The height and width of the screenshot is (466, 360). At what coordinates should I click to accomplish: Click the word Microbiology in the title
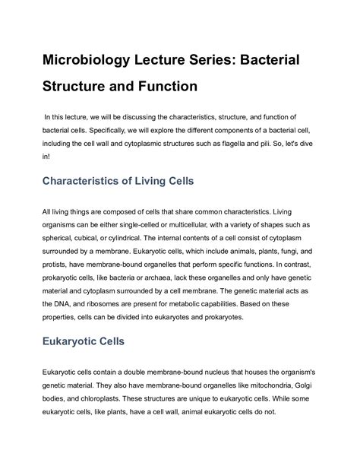(x=96, y=60)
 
